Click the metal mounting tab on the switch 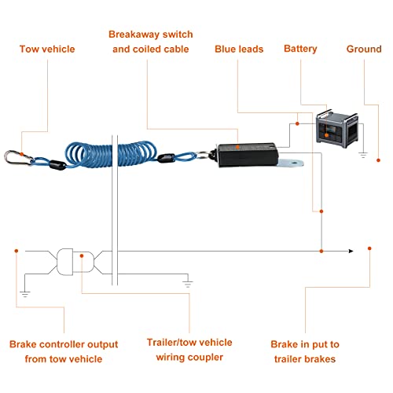(295, 163)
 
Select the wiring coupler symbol (72, 261)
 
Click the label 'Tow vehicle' (47, 50)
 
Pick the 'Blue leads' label (239, 50)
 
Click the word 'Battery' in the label (300, 49)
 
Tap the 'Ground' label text (364, 50)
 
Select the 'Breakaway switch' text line (151, 35)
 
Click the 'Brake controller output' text (64, 344)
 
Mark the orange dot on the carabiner (24, 156)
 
